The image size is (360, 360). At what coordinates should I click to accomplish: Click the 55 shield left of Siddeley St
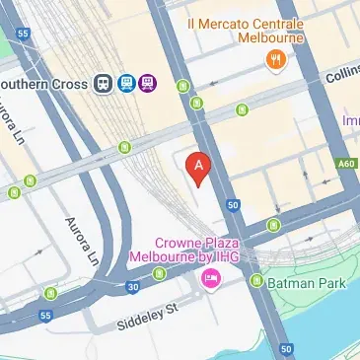click(45, 316)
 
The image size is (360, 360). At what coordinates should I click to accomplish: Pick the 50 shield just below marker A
click(233, 205)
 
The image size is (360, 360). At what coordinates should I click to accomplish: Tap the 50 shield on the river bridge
click(286, 349)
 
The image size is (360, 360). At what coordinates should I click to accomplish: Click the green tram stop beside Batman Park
click(257, 281)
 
